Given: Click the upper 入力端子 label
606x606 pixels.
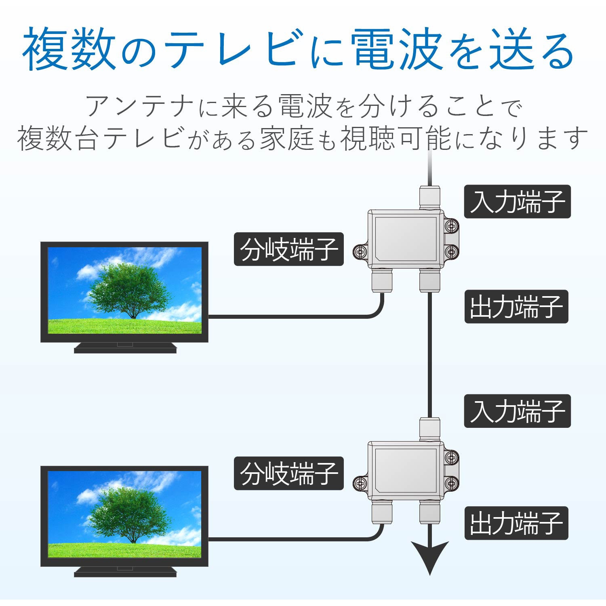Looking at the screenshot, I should tap(517, 202).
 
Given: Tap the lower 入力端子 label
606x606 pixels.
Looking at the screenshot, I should tap(517, 411).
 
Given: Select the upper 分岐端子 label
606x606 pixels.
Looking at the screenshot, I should tap(288, 249).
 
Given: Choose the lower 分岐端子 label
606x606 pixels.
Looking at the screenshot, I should tap(288, 473).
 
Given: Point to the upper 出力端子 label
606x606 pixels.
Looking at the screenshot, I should tap(516, 306).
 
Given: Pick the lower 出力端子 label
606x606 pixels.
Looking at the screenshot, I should tap(516, 523).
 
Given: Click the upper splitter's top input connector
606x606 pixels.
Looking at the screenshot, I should tap(430, 197).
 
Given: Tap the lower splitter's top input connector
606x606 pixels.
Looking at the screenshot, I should tap(430, 429).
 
